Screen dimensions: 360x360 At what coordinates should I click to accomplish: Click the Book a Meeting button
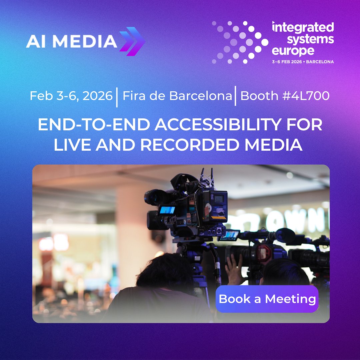click(267, 299)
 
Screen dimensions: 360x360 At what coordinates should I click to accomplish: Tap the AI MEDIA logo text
click(71, 41)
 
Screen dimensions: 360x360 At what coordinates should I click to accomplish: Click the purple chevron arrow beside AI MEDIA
click(132, 41)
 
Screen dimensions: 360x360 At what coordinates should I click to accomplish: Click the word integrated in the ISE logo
click(303, 28)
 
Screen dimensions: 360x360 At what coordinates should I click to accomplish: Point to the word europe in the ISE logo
click(293, 51)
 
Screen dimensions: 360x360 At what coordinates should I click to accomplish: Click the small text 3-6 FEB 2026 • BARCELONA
click(303, 62)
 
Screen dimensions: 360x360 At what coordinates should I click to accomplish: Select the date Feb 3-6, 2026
click(71, 96)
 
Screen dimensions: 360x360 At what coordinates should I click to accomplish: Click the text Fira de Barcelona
click(177, 96)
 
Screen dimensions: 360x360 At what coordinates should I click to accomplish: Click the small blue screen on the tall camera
click(167, 210)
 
